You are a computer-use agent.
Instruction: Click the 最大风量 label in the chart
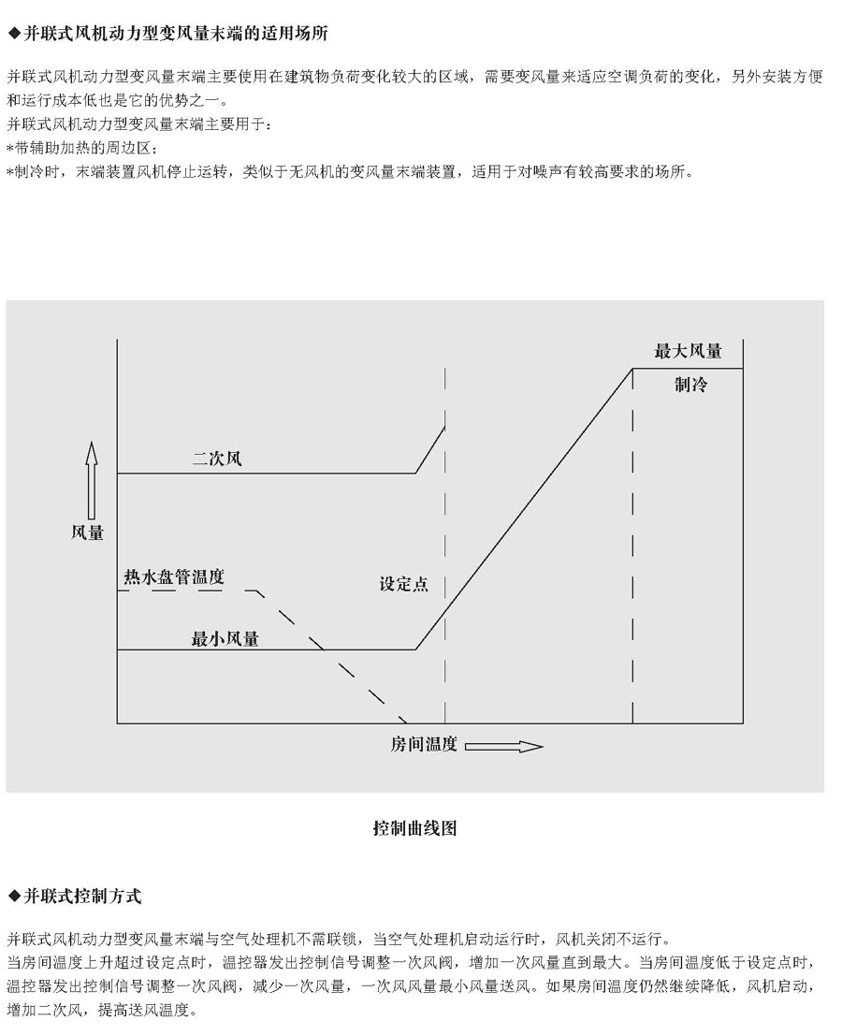(x=689, y=352)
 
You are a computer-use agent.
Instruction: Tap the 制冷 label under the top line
(x=690, y=385)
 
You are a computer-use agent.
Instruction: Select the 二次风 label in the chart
(x=217, y=459)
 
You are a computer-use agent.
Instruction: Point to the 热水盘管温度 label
(x=174, y=577)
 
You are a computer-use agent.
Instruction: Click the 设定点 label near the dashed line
(x=403, y=584)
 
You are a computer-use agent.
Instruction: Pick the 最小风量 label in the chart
(x=225, y=639)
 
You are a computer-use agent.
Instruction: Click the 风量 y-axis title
(x=88, y=533)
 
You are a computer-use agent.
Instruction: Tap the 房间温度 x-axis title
(x=424, y=745)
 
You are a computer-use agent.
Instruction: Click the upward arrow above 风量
(x=91, y=481)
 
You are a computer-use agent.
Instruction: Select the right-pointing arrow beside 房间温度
(x=504, y=747)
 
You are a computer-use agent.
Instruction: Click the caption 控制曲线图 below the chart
(x=414, y=828)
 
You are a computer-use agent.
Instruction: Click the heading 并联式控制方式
(x=82, y=897)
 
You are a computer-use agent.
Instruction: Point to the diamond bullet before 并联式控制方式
(x=15, y=897)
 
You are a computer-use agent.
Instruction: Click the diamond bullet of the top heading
(x=15, y=35)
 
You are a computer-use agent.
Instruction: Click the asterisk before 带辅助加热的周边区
(x=10, y=148)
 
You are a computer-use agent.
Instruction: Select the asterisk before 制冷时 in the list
(x=10, y=172)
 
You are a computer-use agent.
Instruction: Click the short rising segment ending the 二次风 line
(x=430, y=450)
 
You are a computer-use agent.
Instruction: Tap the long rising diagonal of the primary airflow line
(x=524, y=509)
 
